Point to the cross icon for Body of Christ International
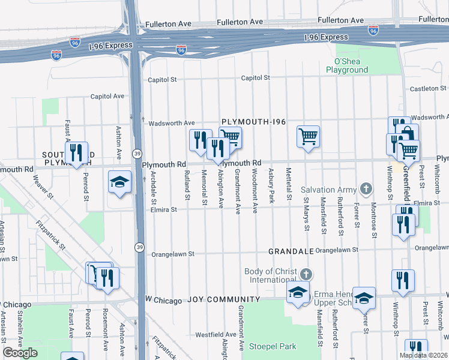point(306,274)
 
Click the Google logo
point(20,353)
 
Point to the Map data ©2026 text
point(423,355)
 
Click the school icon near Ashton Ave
point(119,182)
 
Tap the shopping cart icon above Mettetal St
point(308,137)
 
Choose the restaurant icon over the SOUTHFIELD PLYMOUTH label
point(76,153)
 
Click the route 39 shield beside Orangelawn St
point(139,247)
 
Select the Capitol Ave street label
point(107,96)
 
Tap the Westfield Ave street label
point(215,334)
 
